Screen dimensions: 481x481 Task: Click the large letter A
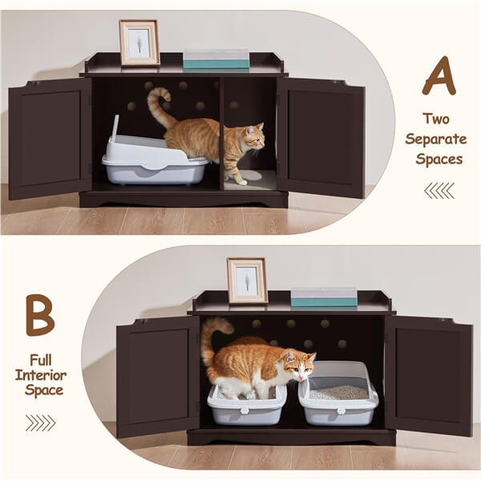click(439, 78)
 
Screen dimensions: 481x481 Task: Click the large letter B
click(40, 315)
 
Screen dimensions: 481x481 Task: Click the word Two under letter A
click(438, 119)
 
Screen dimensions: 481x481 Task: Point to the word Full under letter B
click(39, 358)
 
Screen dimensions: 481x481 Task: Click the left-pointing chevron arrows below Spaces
click(439, 190)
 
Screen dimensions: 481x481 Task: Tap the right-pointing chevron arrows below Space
click(40, 422)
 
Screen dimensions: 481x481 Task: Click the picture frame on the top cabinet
click(139, 42)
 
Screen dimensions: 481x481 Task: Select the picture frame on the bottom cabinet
click(247, 281)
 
